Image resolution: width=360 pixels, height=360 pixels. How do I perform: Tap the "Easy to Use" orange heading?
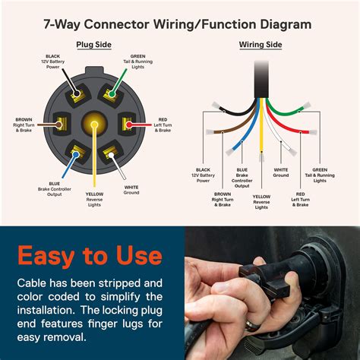[90, 254]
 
